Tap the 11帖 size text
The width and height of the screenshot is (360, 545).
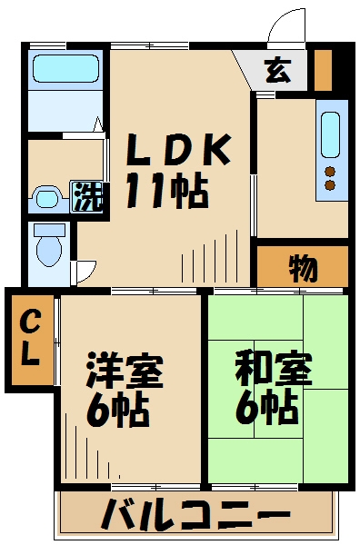pyautogui.click(x=167, y=191)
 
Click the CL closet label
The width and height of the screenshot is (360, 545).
pyautogui.click(x=31, y=338)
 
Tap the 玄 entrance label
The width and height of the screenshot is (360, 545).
pyautogui.click(x=277, y=70)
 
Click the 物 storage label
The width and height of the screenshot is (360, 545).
pyautogui.click(x=302, y=268)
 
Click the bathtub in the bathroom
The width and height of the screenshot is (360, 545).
pyautogui.click(x=64, y=70)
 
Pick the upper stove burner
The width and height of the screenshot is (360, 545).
pyautogui.click(x=329, y=170)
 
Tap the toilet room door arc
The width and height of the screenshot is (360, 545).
pyautogui.click(x=85, y=269)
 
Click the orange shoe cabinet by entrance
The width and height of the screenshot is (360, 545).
pyautogui.click(x=323, y=69)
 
